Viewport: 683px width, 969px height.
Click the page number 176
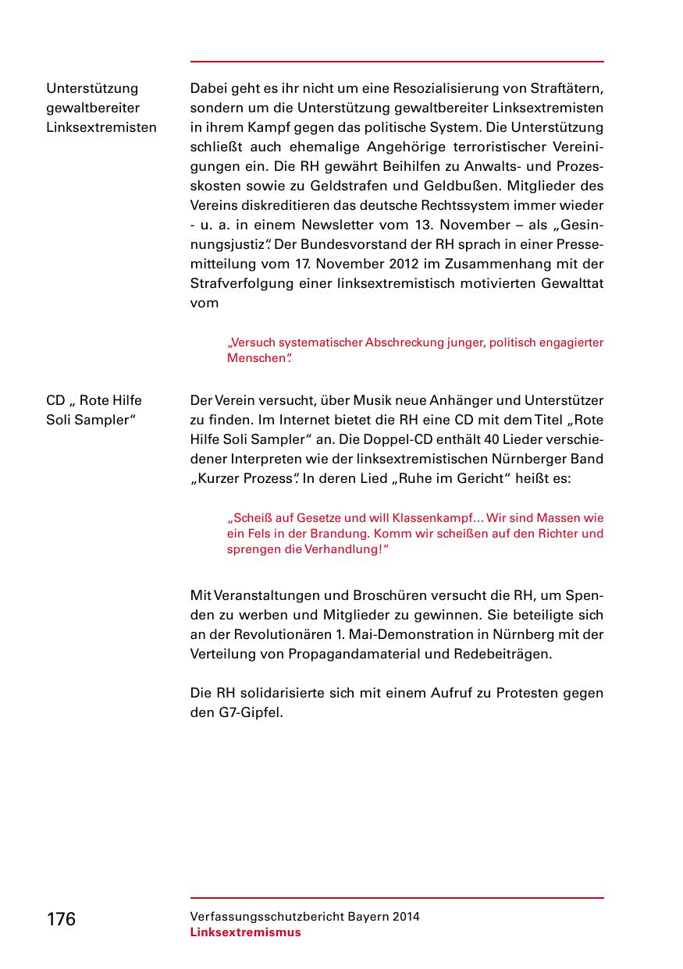61,919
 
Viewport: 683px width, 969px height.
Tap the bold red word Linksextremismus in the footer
245,932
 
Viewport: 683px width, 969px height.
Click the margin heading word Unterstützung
92,88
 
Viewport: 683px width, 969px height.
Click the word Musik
372,400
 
